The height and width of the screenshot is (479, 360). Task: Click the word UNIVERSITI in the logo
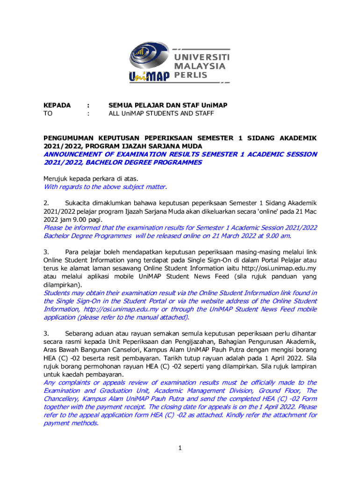pyautogui.click(x=202, y=57)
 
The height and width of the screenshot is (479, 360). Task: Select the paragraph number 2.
pyautogui.click(x=46, y=203)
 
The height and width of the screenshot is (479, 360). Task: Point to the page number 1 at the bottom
pyautogui.click(x=180, y=449)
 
